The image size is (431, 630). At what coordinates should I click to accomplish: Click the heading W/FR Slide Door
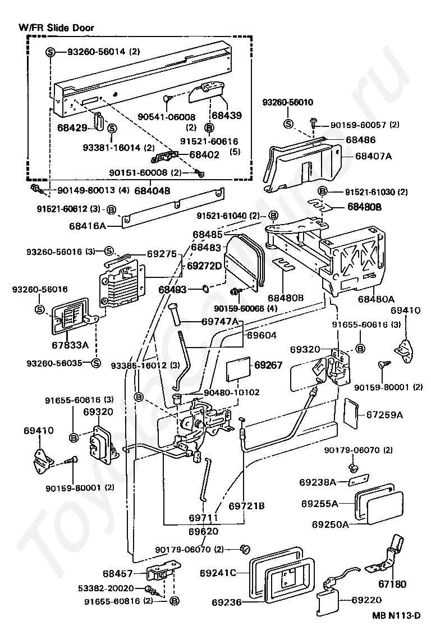point(56,28)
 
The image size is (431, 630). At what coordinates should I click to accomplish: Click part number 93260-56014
point(97,52)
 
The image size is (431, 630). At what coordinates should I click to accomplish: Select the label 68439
point(227,115)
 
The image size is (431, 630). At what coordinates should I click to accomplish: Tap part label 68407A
point(373,156)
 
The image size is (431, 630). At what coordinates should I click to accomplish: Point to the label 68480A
point(376,299)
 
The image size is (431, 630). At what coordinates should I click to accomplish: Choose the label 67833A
point(70,344)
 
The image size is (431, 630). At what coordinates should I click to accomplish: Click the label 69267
point(268,365)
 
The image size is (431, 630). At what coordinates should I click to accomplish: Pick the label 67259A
point(384,414)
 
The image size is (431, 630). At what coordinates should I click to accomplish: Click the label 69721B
point(246,506)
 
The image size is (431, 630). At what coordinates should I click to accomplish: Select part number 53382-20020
point(106,588)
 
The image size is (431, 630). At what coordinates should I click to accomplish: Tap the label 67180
point(392,584)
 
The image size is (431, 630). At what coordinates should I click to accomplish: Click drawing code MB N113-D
point(396,615)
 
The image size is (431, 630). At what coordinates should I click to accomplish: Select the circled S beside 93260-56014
point(51,52)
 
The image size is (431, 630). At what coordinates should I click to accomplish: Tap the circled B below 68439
point(209,128)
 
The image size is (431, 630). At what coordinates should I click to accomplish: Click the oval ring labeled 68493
point(205,288)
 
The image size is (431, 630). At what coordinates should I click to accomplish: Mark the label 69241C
point(218,573)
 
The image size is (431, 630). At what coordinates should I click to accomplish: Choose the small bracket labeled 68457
point(162,573)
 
